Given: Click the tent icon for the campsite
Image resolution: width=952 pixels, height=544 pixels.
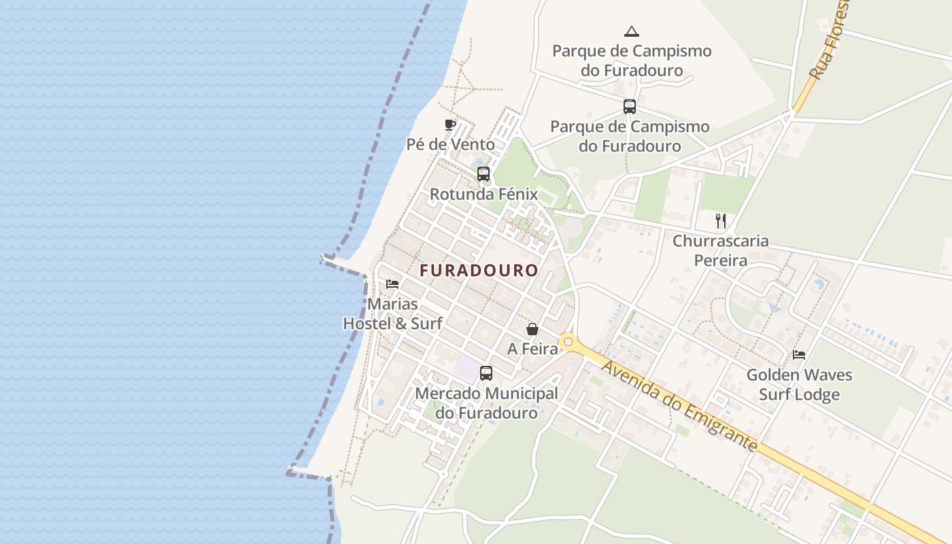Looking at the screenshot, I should pyautogui.click(x=632, y=31).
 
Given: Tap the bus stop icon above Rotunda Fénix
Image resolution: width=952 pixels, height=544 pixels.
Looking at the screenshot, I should pyautogui.click(x=483, y=174).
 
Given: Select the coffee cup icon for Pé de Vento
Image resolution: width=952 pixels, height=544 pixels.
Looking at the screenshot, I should pyautogui.click(x=449, y=124).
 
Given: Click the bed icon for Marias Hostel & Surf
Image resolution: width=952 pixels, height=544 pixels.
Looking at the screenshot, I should pyautogui.click(x=392, y=284).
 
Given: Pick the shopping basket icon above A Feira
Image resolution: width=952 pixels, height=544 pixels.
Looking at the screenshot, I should pyautogui.click(x=532, y=329).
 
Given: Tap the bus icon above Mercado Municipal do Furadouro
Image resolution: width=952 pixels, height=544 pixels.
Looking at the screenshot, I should pyautogui.click(x=486, y=373).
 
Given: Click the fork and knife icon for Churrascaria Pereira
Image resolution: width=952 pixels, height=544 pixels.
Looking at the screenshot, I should pyautogui.click(x=721, y=220).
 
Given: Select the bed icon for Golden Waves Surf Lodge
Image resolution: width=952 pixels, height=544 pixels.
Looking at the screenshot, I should pyautogui.click(x=799, y=354).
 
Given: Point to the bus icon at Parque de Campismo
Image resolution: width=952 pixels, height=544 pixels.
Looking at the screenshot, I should pyautogui.click(x=630, y=107).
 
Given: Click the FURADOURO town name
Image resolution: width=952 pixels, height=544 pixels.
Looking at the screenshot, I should pyautogui.click(x=479, y=271).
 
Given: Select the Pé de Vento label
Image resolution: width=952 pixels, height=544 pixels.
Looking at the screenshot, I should pyautogui.click(x=450, y=144).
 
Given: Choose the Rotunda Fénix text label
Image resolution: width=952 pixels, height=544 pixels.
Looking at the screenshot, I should pyautogui.click(x=483, y=194).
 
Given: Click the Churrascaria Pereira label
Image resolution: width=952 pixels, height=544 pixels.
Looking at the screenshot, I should pyautogui.click(x=720, y=250).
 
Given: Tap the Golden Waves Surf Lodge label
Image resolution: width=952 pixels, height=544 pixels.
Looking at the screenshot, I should pyautogui.click(x=799, y=384).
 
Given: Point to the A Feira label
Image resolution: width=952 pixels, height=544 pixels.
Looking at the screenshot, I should pyautogui.click(x=532, y=349).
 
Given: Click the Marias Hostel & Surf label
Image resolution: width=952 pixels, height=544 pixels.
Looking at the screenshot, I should pyautogui.click(x=392, y=313).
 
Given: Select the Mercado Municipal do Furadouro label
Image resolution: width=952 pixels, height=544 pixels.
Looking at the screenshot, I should pyautogui.click(x=486, y=403).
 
